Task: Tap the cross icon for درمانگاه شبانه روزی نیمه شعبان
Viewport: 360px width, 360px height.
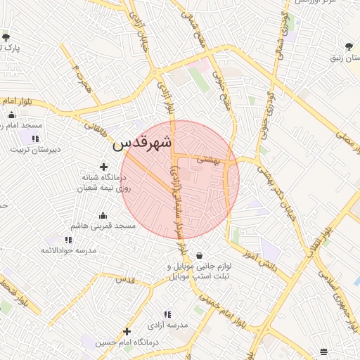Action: (x=104, y=167)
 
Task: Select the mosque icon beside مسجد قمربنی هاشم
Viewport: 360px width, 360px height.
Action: (x=103, y=215)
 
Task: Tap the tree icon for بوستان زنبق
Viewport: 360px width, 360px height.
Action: (x=349, y=46)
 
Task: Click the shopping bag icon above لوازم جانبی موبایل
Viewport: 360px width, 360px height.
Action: (x=201, y=255)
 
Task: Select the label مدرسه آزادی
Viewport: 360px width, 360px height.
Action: (x=167, y=326)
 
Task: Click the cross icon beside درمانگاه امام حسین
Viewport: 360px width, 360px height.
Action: (x=127, y=331)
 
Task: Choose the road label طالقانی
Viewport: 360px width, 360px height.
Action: (x=97, y=129)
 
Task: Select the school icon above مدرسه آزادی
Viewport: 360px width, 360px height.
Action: (x=167, y=314)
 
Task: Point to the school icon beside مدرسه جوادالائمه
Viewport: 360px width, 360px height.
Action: (x=68, y=240)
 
